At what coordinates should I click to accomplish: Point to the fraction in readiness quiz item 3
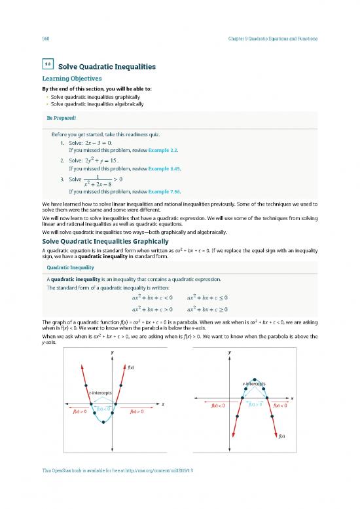pyautogui.click(x=97, y=179)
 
